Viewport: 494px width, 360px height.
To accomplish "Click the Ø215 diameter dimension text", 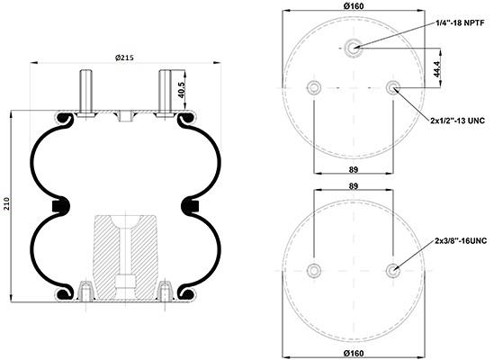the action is click(124, 58).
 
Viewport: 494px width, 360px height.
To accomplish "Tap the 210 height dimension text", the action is click(7, 204).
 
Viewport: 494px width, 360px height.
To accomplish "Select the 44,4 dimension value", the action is click(437, 68).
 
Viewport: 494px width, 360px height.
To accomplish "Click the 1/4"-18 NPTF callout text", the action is click(460, 23).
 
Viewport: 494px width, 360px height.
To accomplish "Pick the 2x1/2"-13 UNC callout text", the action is click(457, 121).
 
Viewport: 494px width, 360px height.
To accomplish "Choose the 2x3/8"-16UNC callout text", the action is click(461, 241).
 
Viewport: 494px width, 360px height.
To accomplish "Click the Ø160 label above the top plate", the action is click(354, 5).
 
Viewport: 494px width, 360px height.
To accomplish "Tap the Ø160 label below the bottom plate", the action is click(354, 353).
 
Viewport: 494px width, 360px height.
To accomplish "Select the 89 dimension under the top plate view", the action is click(354, 169).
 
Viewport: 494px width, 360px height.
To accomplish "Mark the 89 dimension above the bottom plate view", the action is click(354, 186).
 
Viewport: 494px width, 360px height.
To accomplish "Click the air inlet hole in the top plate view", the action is click(353, 49).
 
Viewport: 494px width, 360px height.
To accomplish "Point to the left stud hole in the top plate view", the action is click(314, 87).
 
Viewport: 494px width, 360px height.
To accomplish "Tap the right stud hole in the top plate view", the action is click(393, 87).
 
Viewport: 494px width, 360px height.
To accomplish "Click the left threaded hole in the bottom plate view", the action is click(314, 270).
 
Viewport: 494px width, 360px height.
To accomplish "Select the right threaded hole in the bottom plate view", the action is click(393, 270).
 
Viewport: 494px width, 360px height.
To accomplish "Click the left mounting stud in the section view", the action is click(85, 94).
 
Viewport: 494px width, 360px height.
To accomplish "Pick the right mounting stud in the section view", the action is click(165, 94).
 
